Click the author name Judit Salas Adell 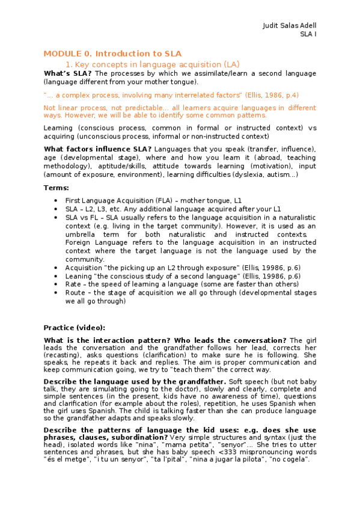[x=290, y=26]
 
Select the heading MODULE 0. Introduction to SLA [x=112, y=54]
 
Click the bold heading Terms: [x=56, y=188]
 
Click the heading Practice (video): [x=74, y=328]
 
